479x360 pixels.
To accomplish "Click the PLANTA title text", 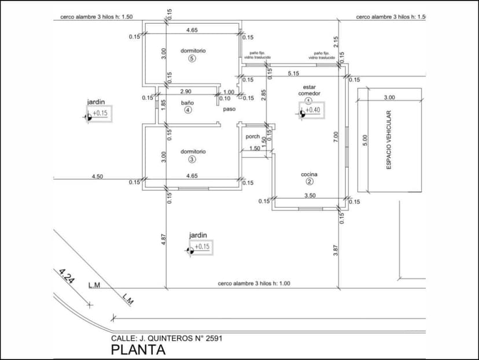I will (x=138, y=350).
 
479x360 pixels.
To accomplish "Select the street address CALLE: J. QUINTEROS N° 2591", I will (x=167, y=338).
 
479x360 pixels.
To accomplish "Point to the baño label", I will (x=187, y=102).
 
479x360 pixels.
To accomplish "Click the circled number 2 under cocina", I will (x=309, y=182).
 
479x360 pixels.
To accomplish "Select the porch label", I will (x=253, y=137).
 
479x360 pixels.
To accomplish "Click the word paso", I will (x=229, y=108).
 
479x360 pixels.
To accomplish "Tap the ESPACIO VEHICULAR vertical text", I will (x=389, y=140).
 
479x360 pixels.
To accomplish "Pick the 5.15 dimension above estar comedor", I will (x=293, y=74).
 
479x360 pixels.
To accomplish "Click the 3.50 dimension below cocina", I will (x=310, y=196).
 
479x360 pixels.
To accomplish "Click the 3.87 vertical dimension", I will (x=336, y=251).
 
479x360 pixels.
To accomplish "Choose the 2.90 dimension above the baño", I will (x=186, y=91).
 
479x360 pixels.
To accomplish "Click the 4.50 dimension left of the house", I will (x=97, y=177).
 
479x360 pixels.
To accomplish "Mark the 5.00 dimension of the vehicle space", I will (x=364, y=140).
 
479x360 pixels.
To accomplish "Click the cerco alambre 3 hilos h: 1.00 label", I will (x=254, y=284).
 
